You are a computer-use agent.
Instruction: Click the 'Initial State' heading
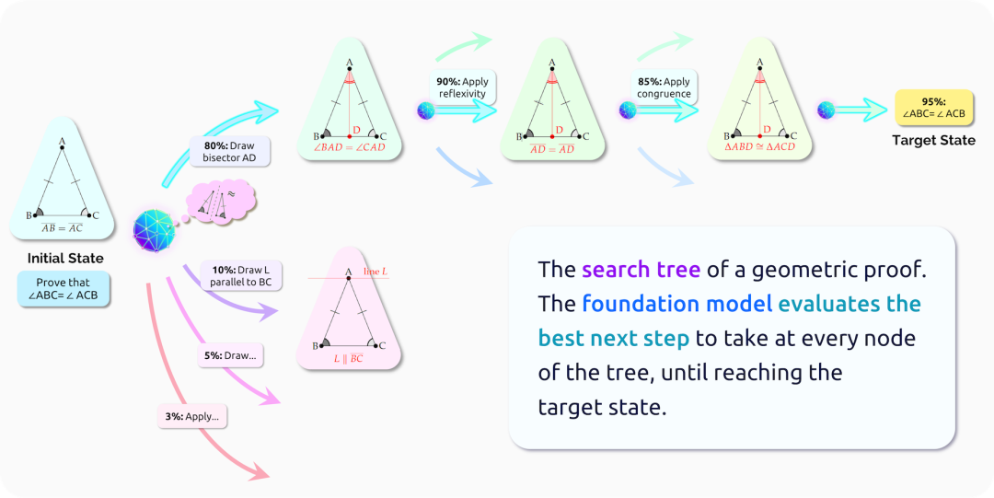point(65,258)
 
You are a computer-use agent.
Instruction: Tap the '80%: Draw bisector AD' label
point(229,151)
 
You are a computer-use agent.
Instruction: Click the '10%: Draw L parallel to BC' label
point(241,274)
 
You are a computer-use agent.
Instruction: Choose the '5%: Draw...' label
point(231,354)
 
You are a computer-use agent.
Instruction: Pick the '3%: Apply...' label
point(192,416)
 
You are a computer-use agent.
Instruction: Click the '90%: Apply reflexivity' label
point(463,88)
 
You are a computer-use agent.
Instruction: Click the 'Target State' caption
point(933,141)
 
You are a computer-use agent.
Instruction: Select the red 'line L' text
point(374,272)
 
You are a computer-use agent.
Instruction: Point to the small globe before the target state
point(826,110)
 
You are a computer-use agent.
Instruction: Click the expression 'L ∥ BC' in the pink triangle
point(348,359)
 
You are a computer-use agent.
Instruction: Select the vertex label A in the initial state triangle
point(62,142)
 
